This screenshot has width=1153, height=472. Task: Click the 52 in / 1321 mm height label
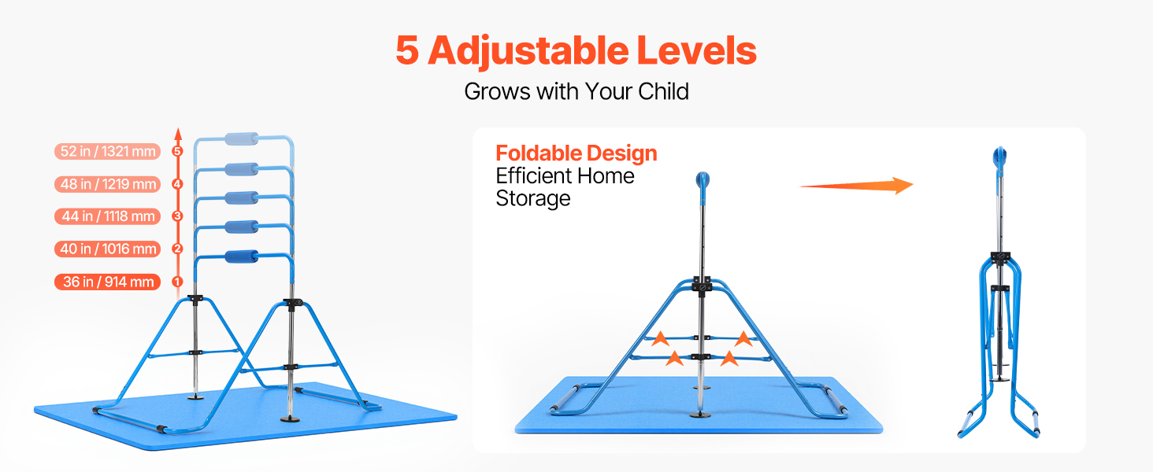coord(108,152)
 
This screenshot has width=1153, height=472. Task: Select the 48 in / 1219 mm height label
coord(108,184)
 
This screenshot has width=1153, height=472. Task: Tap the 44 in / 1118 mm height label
coord(108,216)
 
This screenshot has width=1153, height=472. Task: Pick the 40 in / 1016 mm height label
coord(108,249)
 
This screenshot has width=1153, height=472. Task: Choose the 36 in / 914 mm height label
coord(108,282)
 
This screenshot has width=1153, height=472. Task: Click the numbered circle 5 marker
coord(177,152)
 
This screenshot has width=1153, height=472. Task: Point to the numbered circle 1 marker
coord(177,282)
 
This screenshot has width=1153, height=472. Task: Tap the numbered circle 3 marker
coord(177,216)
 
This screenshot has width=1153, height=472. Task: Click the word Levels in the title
coord(696,50)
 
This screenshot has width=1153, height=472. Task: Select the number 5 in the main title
coord(406,51)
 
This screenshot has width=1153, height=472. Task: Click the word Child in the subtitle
coord(663,91)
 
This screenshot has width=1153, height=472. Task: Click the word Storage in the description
coord(532,199)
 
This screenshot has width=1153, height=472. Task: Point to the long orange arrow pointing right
coord(857,186)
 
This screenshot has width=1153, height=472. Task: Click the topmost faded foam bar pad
coord(242,138)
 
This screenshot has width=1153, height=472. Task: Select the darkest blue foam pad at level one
coord(242,256)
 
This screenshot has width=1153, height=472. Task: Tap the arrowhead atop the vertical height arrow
coord(178,135)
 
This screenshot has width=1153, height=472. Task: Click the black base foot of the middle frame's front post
coord(700,415)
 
